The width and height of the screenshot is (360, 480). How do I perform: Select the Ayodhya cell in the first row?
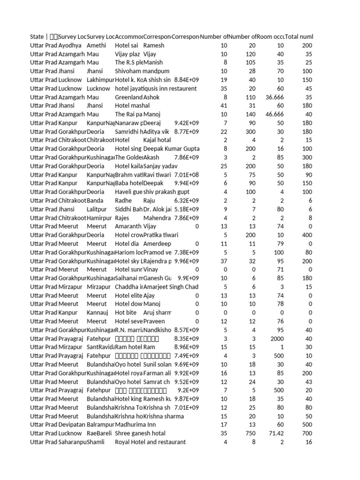[70, 45]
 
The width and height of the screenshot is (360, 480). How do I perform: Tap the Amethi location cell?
[97, 45]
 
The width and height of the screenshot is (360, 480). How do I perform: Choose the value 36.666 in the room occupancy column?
[272, 97]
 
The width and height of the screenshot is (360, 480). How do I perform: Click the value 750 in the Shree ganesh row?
[250, 433]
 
